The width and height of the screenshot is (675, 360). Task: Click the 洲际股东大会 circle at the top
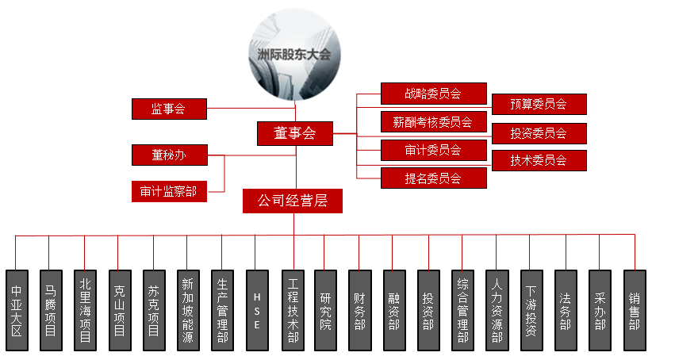tap(294, 55)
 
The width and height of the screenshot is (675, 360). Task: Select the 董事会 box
tap(294, 133)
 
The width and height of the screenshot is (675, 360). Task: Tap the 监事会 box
tap(168, 109)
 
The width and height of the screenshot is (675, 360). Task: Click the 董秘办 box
tap(168, 155)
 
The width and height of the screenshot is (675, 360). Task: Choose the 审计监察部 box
tap(168, 191)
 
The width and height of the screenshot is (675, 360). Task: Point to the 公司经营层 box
tap(293, 201)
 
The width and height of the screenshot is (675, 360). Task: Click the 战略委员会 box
tap(433, 94)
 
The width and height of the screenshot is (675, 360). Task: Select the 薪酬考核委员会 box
tap(433, 122)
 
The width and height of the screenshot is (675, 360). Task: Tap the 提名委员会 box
tap(433, 178)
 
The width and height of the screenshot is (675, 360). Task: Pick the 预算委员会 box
tap(539, 104)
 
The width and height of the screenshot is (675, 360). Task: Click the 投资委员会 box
tap(539, 133)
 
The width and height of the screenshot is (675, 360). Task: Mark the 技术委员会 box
tap(539, 160)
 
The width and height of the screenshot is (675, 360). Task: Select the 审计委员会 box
tap(433, 150)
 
